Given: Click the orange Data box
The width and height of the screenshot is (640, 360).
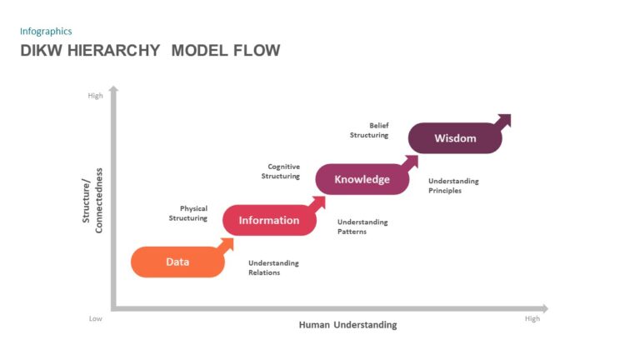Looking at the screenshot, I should tap(177, 262).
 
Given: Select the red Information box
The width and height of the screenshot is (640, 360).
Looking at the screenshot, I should tap(268, 220).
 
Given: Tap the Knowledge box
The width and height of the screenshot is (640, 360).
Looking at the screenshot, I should tap(362, 179).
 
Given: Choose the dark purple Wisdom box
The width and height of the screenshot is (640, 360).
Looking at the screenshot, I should tap(455, 138).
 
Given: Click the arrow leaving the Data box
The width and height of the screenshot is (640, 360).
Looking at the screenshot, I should tap(226, 244).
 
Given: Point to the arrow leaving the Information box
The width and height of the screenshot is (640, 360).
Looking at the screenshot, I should tap(317, 203).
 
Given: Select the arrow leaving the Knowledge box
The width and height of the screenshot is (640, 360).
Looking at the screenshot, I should tap(410, 162).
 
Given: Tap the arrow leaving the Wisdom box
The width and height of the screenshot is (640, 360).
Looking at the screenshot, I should tap(502, 122).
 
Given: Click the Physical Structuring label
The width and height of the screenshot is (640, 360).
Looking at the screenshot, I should tap(188, 213).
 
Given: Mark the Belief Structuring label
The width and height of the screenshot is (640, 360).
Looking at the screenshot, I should tap(369, 130).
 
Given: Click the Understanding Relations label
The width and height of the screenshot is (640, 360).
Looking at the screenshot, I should tap(273, 267).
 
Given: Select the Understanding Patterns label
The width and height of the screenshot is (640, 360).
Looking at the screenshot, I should tap(362, 227).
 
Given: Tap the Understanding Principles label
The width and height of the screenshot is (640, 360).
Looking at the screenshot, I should tap(453, 185).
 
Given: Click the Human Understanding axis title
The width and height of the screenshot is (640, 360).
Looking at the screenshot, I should tap(347, 325).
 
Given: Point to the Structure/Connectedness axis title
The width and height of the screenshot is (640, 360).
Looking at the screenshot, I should tap(92, 200).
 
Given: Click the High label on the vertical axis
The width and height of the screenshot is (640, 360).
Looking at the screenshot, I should tap(95, 96).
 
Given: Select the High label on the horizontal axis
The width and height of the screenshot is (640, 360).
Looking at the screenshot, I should tap(532, 319).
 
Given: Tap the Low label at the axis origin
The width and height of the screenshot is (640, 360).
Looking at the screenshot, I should tap(96, 319).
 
